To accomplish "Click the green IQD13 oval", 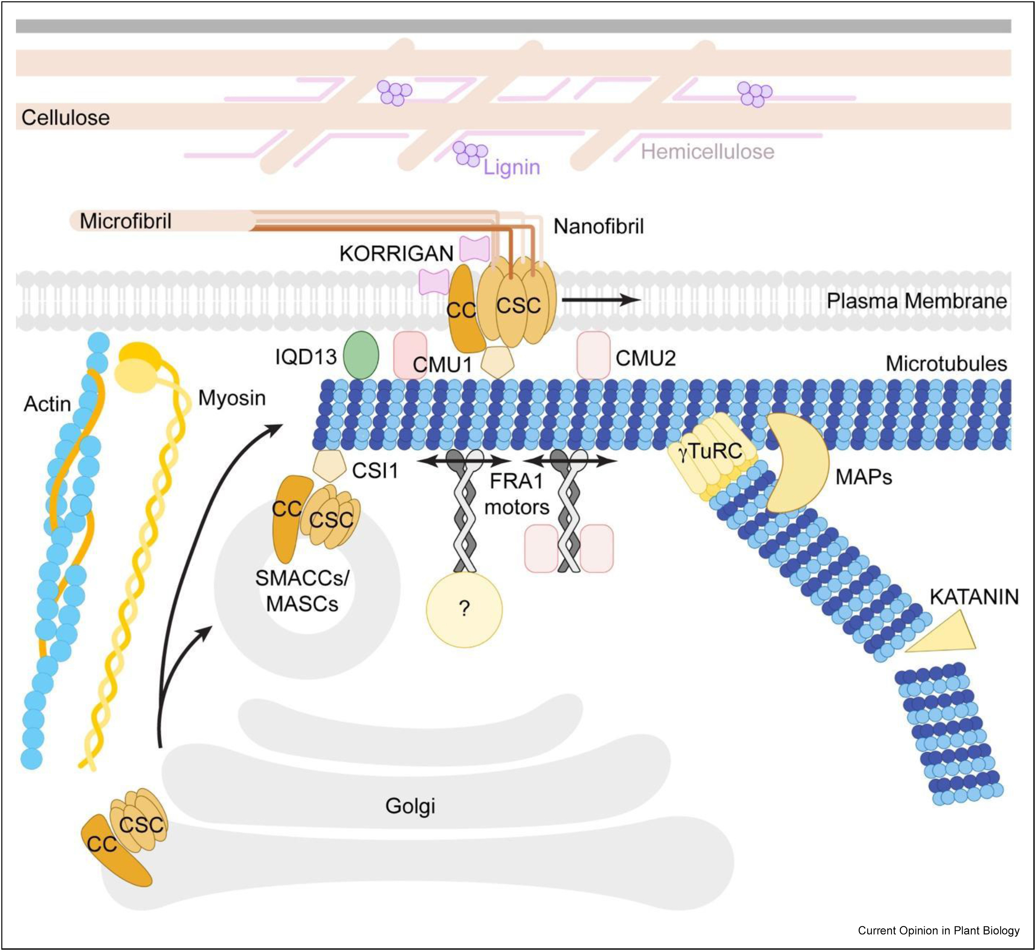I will pos(361,355).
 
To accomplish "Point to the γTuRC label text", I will pos(711,451).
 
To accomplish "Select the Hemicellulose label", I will pos(707,151).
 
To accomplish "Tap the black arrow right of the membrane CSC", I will pos(600,300).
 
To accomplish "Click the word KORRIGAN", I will pos(396,253).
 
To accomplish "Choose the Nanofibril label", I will pos(598,226).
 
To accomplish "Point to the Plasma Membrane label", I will pos(917,301).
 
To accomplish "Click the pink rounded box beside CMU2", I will pos(593,355).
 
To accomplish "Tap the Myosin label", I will pos(232,398).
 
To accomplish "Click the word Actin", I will pos(47,404).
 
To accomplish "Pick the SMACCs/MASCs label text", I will pos(302,591).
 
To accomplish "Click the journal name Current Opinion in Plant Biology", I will pos(938,930).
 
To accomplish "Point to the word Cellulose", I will pos(65,117).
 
